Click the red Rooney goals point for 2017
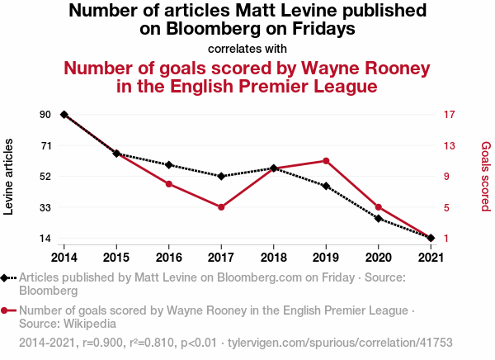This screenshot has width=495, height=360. pyautogui.click(x=221, y=207)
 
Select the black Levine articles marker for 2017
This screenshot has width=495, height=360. pyautogui.click(x=221, y=176)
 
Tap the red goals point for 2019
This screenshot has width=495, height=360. pyautogui.click(x=326, y=161)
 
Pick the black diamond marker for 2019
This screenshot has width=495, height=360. pyautogui.click(x=326, y=187)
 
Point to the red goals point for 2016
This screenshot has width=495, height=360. pyautogui.click(x=169, y=183)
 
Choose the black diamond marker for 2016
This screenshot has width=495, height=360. pyautogui.click(x=169, y=165)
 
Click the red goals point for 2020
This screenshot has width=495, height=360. pyautogui.click(x=379, y=207)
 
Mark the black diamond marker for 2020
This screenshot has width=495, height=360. pyautogui.click(x=379, y=219)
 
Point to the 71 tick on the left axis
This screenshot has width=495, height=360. pyautogui.click(x=45, y=145)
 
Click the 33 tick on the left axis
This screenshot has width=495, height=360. pyautogui.click(x=45, y=207)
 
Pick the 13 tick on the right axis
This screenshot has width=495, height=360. pyautogui.click(x=450, y=145)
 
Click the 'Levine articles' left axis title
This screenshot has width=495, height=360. pyautogui.click(x=10, y=177)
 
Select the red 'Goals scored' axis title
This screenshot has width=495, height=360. pyautogui.click(x=486, y=177)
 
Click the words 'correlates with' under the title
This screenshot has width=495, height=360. pyautogui.click(x=247, y=48)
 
